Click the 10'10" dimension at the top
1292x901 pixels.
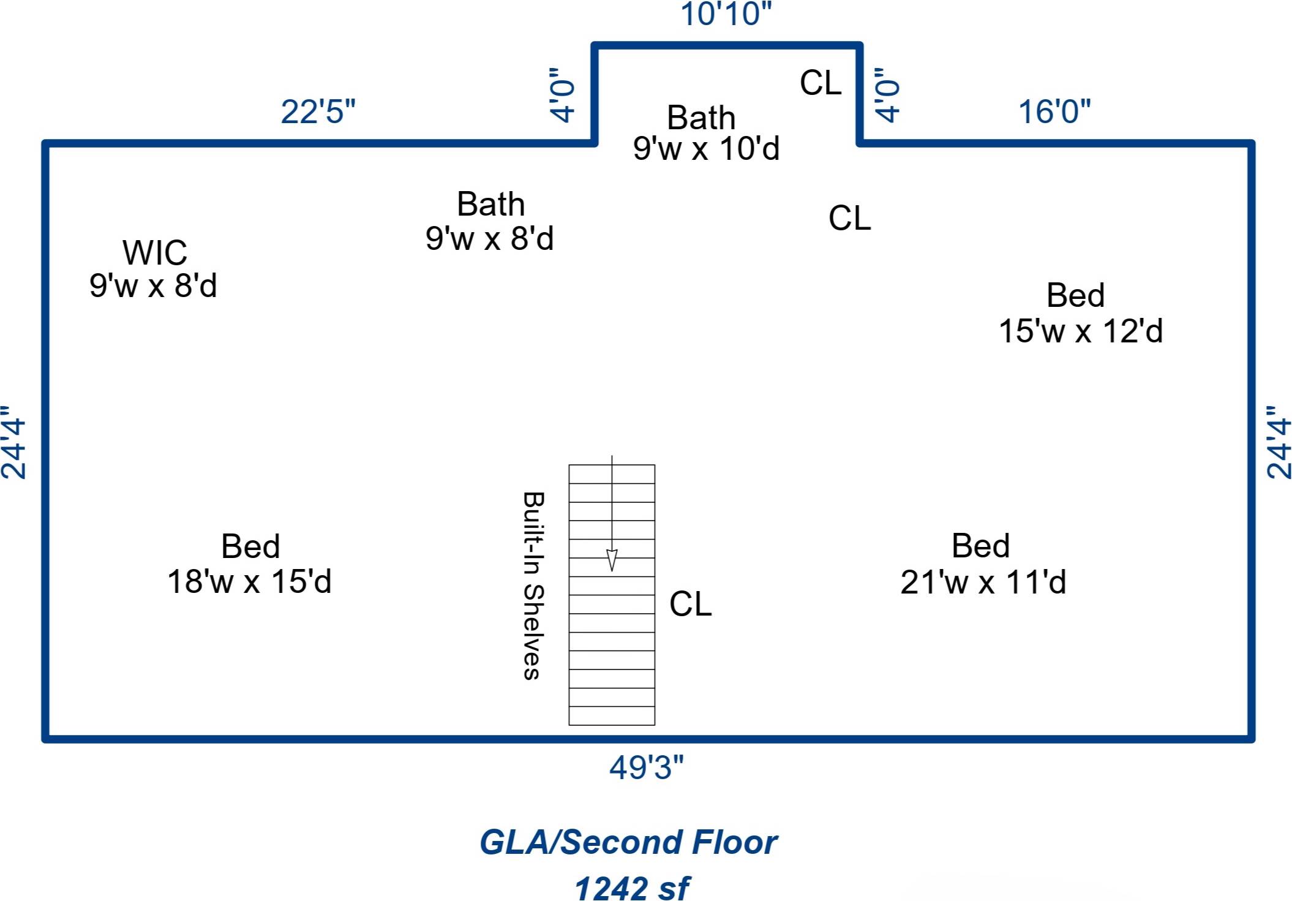click(x=726, y=14)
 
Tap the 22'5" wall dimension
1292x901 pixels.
click(x=318, y=112)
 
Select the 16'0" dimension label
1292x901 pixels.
click(x=1054, y=112)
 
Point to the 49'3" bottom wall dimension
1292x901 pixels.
click(x=646, y=767)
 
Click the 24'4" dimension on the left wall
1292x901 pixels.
click(x=13, y=442)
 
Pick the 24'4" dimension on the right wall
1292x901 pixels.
click(x=1279, y=442)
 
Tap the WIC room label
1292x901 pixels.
click(x=154, y=252)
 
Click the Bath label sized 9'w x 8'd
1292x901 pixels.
click(x=490, y=205)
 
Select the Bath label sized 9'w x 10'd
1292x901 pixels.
click(x=701, y=118)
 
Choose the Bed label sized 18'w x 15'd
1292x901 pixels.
click(x=250, y=546)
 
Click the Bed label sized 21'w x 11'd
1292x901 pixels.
click(x=980, y=546)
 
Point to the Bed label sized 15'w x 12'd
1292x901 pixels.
click(x=1075, y=295)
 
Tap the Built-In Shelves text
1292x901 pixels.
click(x=533, y=586)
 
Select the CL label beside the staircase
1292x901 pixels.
click(x=690, y=604)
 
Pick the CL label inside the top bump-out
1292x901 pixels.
click(x=821, y=83)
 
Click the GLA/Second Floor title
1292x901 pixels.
click(x=628, y=842)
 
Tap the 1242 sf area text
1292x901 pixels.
click(x=631, y=888)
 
